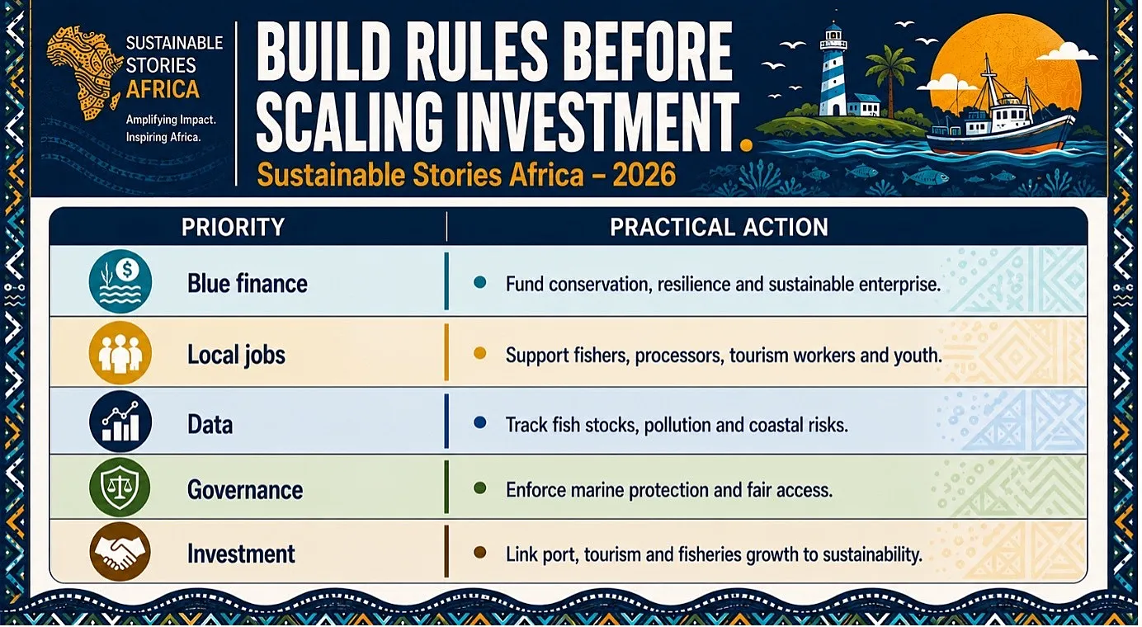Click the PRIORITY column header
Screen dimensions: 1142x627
click(x=233, y=228)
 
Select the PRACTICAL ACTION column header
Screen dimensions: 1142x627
click(x=719, y=228)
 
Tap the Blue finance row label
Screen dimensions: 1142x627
click(x=248, y=284)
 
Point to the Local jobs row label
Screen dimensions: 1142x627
click(x=236, y=355)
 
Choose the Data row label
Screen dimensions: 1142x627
click(x=210, y=424)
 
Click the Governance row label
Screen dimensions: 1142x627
click(x=245, y=490)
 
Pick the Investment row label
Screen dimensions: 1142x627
click(x=241, y=554)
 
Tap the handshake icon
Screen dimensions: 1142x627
click(x=120, y=552)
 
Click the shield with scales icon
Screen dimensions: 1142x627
click(x=120, y=488)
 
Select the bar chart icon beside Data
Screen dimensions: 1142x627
click(x=120, y=422)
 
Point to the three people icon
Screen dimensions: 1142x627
click(x=120, y=352)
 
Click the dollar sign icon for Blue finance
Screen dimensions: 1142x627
click(x=127, y=269)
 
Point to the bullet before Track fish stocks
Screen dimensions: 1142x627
click(x=479, y=422)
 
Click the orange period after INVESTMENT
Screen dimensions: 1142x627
click(x=746, y=145)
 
